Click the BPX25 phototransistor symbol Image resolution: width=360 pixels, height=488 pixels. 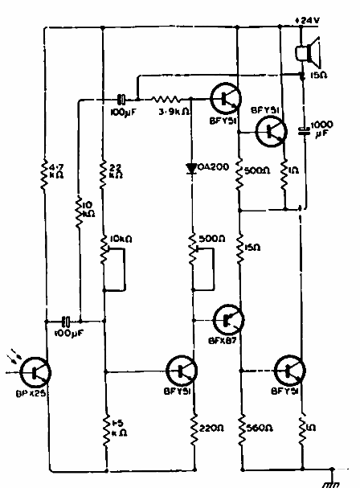tap(36, 370)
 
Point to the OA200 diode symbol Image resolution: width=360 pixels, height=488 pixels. tap(192, 168)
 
